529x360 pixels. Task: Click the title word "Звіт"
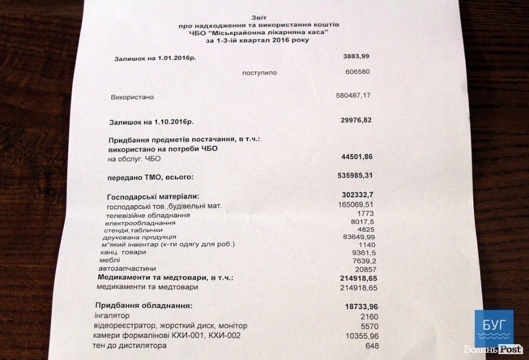[x=259, y=18]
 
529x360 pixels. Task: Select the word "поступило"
[x=259, y=73]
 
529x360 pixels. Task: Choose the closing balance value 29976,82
[x=356, y=120]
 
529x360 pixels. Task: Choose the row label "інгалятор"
[x=112, y=316]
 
